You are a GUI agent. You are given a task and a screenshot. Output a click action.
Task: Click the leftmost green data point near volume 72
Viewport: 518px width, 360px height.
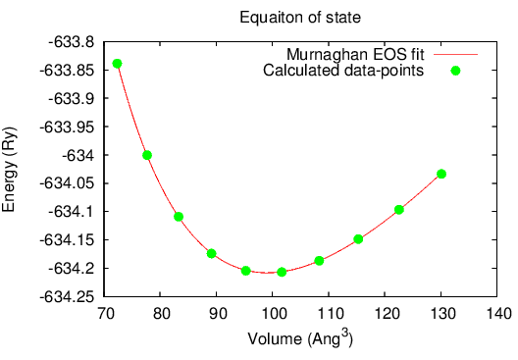coord(118,64)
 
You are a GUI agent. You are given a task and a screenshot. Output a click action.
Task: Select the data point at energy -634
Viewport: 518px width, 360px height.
coord(147,155)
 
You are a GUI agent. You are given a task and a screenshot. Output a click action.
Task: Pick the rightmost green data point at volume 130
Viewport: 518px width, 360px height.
coord(441,174)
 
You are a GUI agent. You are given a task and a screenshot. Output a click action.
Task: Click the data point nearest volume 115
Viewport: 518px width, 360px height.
coord(358,238)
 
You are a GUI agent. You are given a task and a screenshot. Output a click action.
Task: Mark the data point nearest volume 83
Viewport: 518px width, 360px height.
coord(179,217)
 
